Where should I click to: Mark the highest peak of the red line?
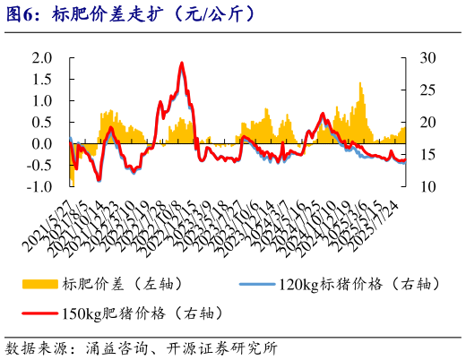coord(182,64)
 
